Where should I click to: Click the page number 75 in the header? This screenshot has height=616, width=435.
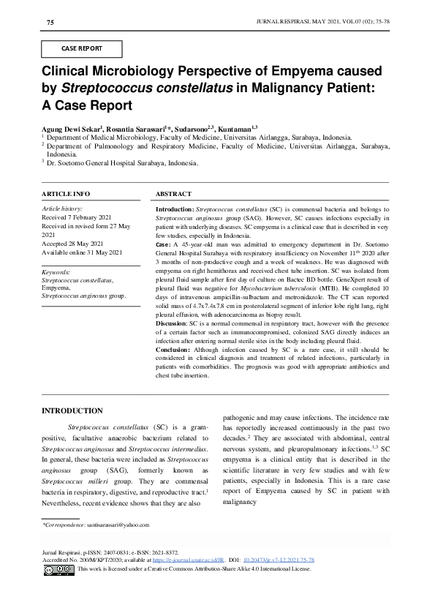pyautogui.click(x=50, y=23)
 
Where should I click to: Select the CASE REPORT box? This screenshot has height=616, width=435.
pyautogui.click(x=82, y=49)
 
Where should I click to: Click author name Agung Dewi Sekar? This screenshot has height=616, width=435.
pyautogui.click(x=70, y=127)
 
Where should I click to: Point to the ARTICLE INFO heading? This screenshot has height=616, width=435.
pyautogui.click(x=66, y=194)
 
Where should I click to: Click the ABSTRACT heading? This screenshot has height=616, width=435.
pyautogui.click(x=174, y=194)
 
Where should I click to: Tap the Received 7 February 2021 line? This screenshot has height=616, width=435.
pyautogui.click(x=77, y=217)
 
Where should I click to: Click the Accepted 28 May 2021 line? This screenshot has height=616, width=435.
pyautogui.click(x=75, y=243)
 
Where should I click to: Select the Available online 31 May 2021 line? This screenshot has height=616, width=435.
pyautogui.click(x=82, y=252)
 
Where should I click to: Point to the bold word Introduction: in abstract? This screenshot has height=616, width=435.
pyautogui.click(x=175, y=209)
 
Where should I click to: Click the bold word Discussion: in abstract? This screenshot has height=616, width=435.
pyautogui.click(x=172, y=323)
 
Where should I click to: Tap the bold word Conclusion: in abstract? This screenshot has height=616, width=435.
pyautogui.click(x=173, y=349)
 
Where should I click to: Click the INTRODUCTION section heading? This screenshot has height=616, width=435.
pyautogui.click(x=72, y=410)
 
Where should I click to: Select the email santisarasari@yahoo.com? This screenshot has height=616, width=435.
pyautogui.click(x=117, y=525)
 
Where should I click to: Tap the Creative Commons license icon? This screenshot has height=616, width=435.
pyautogui.click(x=59, y=568)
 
